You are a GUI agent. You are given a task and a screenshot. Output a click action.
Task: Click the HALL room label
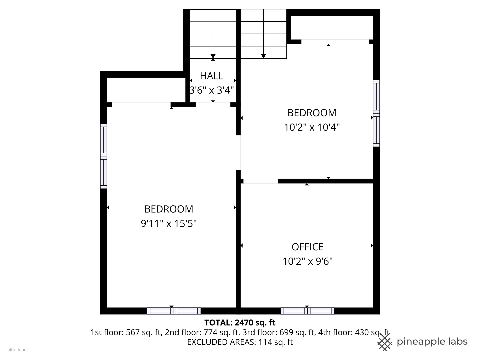(211, 76)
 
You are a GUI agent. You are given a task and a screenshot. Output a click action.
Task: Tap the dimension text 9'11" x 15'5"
(169, 223)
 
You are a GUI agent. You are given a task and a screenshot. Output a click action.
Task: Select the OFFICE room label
(307, 247)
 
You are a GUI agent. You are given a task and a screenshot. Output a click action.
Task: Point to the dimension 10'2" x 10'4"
(312, 127)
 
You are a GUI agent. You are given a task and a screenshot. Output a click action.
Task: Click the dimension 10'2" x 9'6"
(307, 261)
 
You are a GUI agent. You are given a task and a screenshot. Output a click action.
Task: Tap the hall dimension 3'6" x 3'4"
(211, 90)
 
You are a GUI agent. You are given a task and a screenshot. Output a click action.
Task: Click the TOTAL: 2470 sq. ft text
(240, 322)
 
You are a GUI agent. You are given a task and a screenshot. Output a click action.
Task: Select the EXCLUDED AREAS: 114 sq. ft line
(240, 342)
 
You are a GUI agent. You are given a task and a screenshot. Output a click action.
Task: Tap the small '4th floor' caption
(17, 350)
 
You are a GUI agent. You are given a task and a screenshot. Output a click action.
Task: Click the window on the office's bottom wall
(307, 311)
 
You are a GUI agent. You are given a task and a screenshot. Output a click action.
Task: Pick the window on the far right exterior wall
(376, 113)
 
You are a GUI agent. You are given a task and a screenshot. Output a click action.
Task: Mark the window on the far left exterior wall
(104, 156)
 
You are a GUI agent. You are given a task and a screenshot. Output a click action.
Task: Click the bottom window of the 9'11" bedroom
(174, 311)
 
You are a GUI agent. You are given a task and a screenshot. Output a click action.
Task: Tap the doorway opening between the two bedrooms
(238, 153)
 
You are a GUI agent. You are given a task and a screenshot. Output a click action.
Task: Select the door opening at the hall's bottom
(213, 105)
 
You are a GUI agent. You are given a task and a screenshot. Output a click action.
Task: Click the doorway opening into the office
(261, 181)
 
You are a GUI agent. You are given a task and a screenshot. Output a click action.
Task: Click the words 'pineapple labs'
(432, 342)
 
